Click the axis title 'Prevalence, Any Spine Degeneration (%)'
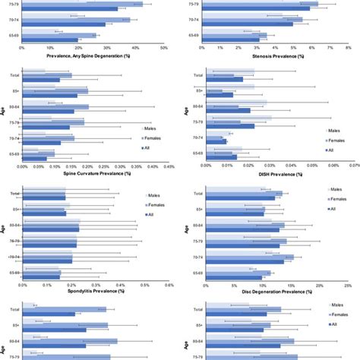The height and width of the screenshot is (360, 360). tap(90, 55)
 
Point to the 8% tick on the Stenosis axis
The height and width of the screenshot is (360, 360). tap(349, 48)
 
